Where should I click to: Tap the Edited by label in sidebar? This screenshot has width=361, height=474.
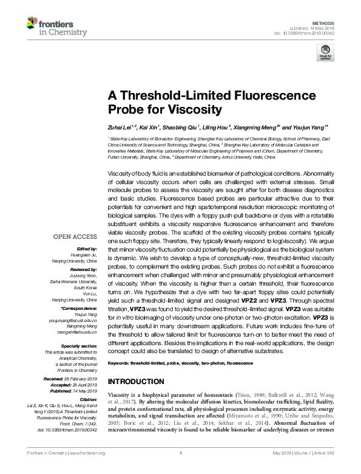coord(87,249)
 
